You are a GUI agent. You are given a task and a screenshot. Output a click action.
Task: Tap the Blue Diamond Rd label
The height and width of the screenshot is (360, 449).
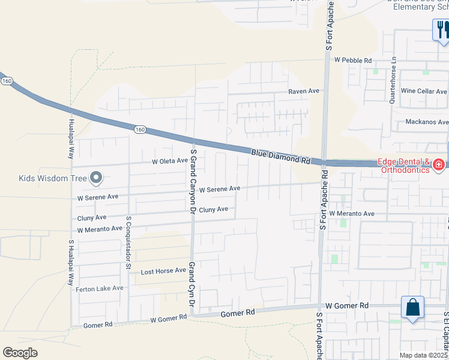click(280, 157)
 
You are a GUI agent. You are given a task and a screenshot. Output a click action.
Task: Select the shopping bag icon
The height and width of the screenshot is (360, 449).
click(412, 308)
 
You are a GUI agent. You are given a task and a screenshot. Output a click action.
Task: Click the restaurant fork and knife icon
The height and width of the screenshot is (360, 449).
click(441, 29)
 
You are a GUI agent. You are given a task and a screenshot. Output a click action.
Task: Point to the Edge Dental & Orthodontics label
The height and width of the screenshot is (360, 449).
click(403, 166)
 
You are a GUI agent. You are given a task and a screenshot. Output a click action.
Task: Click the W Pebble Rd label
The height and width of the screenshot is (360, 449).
click(354, 61)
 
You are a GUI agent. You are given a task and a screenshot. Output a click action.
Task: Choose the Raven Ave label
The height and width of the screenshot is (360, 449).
click(304, 91)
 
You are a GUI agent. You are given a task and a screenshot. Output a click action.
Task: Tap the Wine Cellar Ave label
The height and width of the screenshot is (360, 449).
click(424, 91)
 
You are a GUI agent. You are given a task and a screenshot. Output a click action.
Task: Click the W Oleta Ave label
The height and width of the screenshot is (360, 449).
click(169, 161)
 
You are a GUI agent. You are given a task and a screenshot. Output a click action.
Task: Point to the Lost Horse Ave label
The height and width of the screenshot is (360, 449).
click(163, 271)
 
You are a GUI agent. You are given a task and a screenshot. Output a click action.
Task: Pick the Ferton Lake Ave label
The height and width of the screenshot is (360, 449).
click(100, 289)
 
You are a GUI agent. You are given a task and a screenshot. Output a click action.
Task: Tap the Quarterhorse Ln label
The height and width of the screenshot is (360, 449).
click(393, 80)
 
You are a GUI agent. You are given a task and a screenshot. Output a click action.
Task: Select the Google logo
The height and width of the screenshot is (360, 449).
click(20, 353)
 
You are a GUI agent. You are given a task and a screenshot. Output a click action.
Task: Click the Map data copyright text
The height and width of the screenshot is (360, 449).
click(423, 355)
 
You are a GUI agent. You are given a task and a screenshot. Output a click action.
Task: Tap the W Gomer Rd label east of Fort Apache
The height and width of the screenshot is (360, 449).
click(347, 306)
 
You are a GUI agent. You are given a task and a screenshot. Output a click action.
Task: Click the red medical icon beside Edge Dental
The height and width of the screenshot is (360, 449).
click(439, 164)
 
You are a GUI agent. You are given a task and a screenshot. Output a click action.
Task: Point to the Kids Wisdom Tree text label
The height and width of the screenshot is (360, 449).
click(53, 177)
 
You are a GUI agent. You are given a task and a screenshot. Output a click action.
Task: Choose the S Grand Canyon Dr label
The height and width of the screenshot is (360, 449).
click(193, 182)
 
